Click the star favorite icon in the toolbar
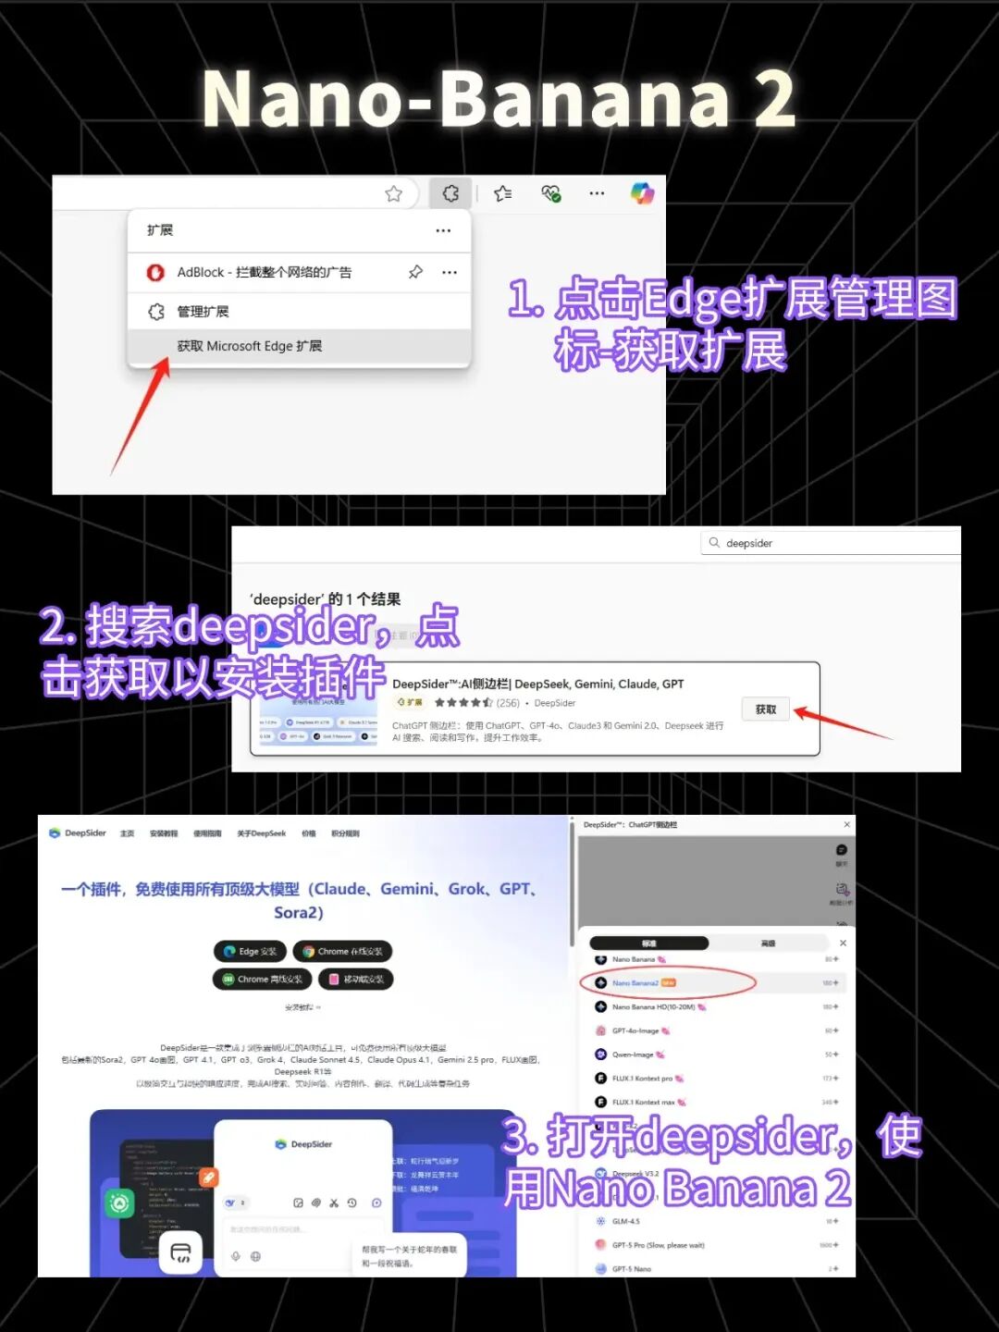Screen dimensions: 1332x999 (x=394, y=193)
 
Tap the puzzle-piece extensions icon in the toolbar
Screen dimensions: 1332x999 (x=450, y=193)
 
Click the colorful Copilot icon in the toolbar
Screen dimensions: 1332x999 (x=642, y=193)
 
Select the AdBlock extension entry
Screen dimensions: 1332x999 (x=264, y=272)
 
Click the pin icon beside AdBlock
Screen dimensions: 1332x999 (x=415, y=272)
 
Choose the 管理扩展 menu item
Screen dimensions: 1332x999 (x=203, y=312)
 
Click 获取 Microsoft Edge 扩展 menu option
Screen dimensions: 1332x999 (x=250, y=346)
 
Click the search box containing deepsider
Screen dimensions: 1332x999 (x=832, y=543)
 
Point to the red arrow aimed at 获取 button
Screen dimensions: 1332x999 (x=842, y=722)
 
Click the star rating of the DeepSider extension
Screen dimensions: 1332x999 (x=463, y=703)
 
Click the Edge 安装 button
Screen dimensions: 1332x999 (x=251, y=951)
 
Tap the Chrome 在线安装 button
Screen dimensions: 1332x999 (x=342, y=951)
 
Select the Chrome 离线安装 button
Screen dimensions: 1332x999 (x=262, y=979)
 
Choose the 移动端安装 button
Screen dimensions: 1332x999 (x=356, y=979)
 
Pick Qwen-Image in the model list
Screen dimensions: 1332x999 (x=634, y=1054)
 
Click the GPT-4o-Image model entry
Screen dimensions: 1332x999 (x=635, y=1030)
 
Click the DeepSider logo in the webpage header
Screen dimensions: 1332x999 (x=78, y=833)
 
